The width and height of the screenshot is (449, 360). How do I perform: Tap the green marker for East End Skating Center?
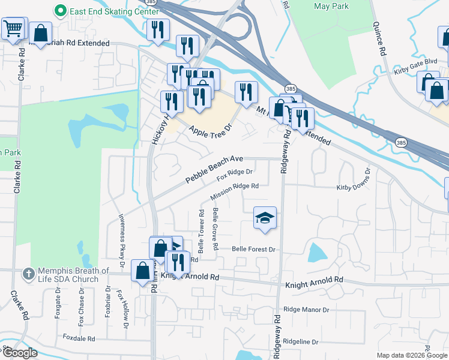tap(60, 11)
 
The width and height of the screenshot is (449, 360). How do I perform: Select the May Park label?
tap(330, 7)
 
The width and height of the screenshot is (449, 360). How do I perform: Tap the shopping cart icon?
tap(13, 28)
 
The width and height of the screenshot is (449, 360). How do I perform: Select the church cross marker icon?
tap(28, 274)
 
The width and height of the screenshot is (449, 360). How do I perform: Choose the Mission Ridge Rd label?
tap(234, 191)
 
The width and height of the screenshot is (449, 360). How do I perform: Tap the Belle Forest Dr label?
tap(253, 249)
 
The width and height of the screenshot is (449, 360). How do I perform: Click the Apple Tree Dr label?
tap(210, 130)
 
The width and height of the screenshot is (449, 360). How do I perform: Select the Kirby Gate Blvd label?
tap(415, 62)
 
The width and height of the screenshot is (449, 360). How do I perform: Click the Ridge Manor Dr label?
tap(306, 310)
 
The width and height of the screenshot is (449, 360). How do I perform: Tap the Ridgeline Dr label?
tap(301, 341)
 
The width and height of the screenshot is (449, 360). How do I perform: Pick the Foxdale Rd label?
tap(79, 338)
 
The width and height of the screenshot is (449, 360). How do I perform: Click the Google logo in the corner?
tap(20, 353)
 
